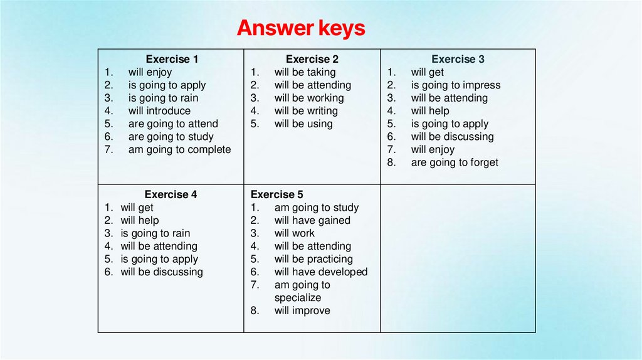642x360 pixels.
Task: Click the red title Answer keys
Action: [x=301, y=28]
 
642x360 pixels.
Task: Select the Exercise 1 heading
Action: [x=172, y=60]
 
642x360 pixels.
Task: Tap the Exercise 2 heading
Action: [x=312, y=60]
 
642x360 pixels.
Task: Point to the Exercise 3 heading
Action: [x=458, y=60]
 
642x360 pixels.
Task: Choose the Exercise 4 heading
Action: [x=171, y=194]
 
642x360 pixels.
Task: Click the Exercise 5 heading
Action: [x=276, y=194]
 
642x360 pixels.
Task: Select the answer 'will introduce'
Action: [x=159, y=111]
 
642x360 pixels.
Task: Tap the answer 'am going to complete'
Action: [x=179, y=149]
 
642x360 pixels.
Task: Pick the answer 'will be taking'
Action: [x=305, y=72]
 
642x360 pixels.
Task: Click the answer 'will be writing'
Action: [x=306, y=111]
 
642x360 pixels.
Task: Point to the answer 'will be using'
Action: [x=303, y=124]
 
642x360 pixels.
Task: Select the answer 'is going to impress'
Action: [x=456, y=85]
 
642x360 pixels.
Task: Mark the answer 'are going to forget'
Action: [x=455, y=162]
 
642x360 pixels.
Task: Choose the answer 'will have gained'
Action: [x=312, y=220]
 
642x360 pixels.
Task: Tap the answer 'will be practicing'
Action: [x=313, y=259]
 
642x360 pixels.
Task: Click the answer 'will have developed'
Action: [x=321, y=272]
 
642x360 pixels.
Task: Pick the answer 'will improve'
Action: [x=302, y=310]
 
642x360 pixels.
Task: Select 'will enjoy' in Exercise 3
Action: [x=433, y=149]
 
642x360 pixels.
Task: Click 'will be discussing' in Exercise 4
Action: [x=162, y=272]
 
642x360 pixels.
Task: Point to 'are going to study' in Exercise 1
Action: [x=171, y=137]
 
